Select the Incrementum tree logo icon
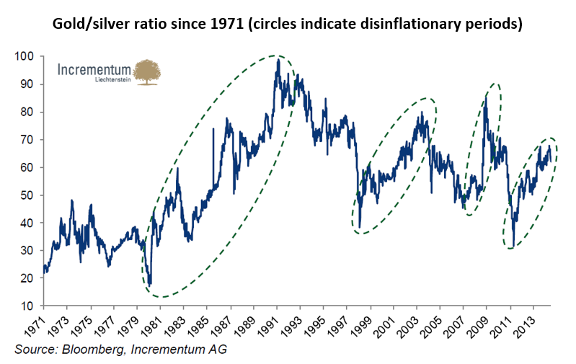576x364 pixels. click(x=147, y=72)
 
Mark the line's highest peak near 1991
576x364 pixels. click(x=278, y=60)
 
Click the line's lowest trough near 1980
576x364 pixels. click(x=150, y=284)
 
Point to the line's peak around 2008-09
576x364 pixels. click(x=486, y=97)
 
